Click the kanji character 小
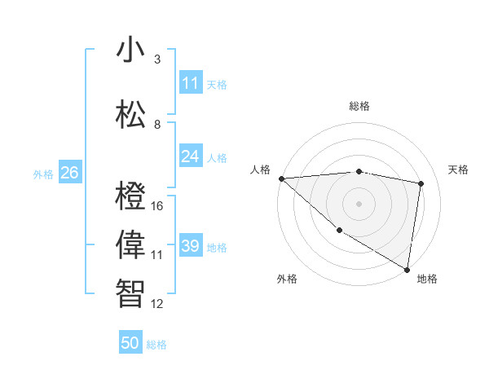click(131, 51)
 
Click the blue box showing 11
click(191, 83)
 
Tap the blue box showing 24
click(191, 156)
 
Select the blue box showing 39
click(191, 246)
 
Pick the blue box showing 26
click(69, 173)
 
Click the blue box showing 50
click(130, 343)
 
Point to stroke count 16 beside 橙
click(157, 206)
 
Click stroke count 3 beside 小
click(157, 59)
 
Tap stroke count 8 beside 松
click(157, 125)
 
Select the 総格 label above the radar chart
click(359, 106)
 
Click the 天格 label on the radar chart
click(459, 169)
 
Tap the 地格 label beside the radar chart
click(427, 279)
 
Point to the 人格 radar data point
click(281, 178)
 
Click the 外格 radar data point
click(339, 231)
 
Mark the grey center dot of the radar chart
click(359, 203)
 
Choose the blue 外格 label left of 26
click(43, 174)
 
